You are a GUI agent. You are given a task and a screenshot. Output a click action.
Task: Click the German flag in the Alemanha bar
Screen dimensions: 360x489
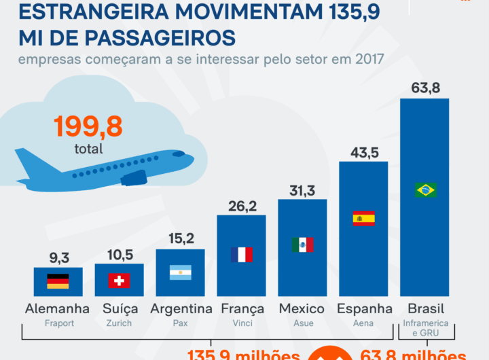point(58,281)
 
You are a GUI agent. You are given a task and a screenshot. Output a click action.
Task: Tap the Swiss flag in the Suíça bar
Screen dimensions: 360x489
point(119,281)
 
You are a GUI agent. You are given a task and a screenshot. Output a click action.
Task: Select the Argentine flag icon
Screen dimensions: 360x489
point(180,272)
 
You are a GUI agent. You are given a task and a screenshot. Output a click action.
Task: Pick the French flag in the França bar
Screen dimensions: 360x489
point(241,255)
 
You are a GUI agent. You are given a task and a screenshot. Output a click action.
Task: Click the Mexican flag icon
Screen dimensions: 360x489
point(302,245)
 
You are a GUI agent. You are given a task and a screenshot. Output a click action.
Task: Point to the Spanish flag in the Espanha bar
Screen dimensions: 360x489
point(363,219)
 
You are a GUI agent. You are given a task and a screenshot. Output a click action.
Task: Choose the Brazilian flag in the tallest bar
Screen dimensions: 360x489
point(425,190)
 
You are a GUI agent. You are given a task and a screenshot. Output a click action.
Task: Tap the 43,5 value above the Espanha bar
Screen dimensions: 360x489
point(364,152)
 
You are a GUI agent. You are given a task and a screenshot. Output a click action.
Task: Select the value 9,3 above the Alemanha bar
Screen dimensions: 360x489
point(58,257)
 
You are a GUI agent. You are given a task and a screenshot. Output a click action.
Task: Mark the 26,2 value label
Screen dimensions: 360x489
point(242,206)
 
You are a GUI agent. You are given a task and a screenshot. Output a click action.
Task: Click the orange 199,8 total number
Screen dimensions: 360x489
point(89,126)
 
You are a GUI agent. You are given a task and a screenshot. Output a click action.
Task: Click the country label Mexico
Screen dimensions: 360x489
point(302,309)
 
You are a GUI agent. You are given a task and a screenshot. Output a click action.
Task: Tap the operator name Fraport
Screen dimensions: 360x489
point(58,323)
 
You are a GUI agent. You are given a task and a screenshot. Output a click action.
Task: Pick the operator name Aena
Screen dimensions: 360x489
point(363,323)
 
